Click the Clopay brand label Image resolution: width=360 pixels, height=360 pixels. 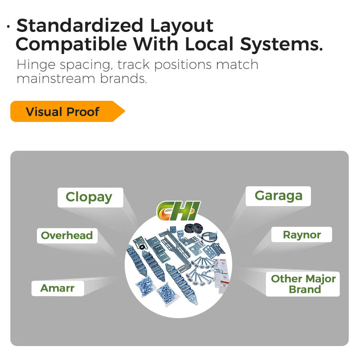89,197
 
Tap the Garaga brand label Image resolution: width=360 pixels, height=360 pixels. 278,196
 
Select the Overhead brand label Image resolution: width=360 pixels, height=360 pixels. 67,235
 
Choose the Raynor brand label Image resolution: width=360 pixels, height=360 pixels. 301,234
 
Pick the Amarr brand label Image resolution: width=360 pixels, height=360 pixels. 57,288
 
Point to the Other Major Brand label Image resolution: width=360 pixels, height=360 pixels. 303,284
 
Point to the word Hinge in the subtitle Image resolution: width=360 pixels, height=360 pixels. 35,64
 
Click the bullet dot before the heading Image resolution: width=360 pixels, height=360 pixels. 9,27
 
